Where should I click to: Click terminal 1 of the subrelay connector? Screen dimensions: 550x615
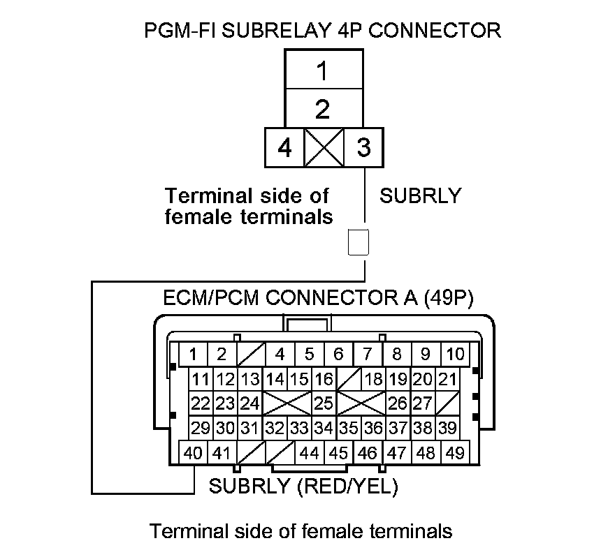click(322, 70)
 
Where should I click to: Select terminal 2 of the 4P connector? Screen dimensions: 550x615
click(322, 109)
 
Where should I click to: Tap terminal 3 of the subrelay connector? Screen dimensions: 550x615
click(363, 148)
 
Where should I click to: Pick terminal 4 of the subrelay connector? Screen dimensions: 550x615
click(284, 148)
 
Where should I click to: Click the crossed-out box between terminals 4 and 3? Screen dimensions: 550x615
click(324, 148)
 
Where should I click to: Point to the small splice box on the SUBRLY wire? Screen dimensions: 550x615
click(358, 243)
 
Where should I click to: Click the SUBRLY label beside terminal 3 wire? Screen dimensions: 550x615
click(420, 196)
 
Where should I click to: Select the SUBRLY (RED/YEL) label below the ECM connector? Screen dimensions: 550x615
click(303, 486)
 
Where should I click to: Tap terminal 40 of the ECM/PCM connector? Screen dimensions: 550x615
click(193, 453)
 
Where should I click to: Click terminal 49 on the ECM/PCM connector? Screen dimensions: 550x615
click(454, 453)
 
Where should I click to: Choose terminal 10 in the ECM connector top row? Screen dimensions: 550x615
click(454, 354)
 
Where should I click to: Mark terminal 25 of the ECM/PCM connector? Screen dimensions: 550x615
click(323, 403)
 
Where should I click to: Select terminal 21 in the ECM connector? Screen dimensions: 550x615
click(447, 380)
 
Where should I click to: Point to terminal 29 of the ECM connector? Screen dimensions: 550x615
click(201, 428)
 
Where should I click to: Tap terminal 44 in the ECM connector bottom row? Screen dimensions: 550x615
click(308, 453)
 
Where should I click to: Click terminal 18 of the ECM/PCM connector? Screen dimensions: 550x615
click(374, 380)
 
